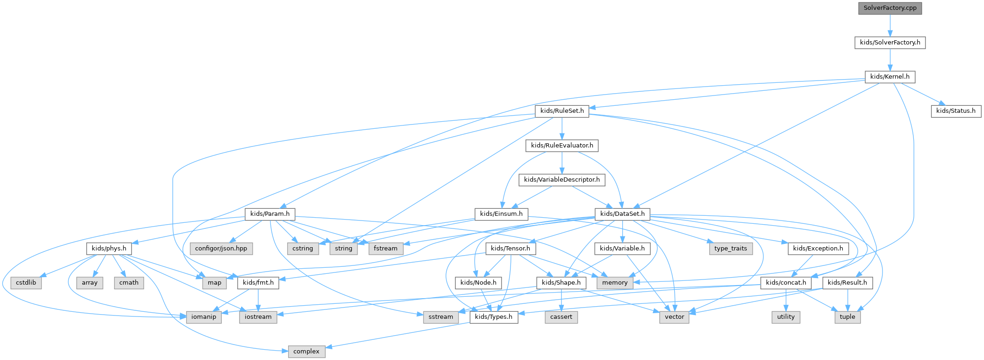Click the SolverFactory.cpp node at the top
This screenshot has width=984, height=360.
tap(890, 8)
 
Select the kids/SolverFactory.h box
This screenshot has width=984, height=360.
tap(890, 42)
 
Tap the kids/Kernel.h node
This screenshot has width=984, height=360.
tap(890, 77)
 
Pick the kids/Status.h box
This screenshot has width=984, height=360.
tap(956, 111)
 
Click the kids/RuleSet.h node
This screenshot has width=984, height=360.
tap(562, 111)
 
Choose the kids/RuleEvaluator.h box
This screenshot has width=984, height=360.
tap(562, 146)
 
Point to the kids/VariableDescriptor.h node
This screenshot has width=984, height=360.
tap(562, 180)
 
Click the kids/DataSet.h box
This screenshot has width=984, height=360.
tap(622, 214)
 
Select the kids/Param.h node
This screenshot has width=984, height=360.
tap(270, 214)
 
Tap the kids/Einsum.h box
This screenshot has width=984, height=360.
tap(502, 214)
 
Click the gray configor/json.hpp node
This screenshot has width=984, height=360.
tap(221, 249)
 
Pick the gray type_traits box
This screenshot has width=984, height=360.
tap(730, 249)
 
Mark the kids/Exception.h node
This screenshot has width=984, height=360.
tap(818, 249)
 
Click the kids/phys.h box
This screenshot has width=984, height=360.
tap(109, 249)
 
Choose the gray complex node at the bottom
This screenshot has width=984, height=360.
tap(306, 352)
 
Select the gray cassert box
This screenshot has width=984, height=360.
tap(561, 317)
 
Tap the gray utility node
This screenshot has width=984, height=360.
tap(786, 317)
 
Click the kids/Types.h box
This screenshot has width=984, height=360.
tap(494, 317)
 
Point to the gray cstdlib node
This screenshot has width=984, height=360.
tap(27, 283)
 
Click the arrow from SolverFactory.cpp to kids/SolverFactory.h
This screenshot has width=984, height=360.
tap(890, 25)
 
